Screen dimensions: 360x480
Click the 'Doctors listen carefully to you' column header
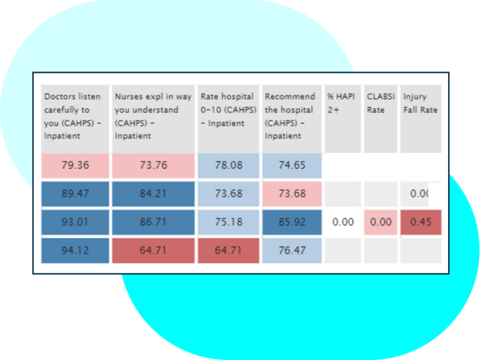[75, 116]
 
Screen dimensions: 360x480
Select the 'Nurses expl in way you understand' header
[153, 116]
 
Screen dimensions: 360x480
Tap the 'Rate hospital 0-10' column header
[229, 116]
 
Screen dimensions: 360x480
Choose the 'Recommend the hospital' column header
[291, 116]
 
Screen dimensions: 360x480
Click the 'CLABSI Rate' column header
[380, 116]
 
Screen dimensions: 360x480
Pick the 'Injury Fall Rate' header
[420, 116]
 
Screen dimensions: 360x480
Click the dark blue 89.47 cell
[75, 194]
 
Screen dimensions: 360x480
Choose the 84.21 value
[153, 194]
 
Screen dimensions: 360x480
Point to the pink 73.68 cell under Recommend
[291, 194]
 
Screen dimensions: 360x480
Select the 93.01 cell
[75, 223]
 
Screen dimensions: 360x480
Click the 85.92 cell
[291, 223]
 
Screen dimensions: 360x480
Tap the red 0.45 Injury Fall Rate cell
[420, 223]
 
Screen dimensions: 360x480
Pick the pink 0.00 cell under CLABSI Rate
[380, 223]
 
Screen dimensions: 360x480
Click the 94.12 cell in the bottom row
[75, 250]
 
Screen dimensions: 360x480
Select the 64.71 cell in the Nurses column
[153, 250]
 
